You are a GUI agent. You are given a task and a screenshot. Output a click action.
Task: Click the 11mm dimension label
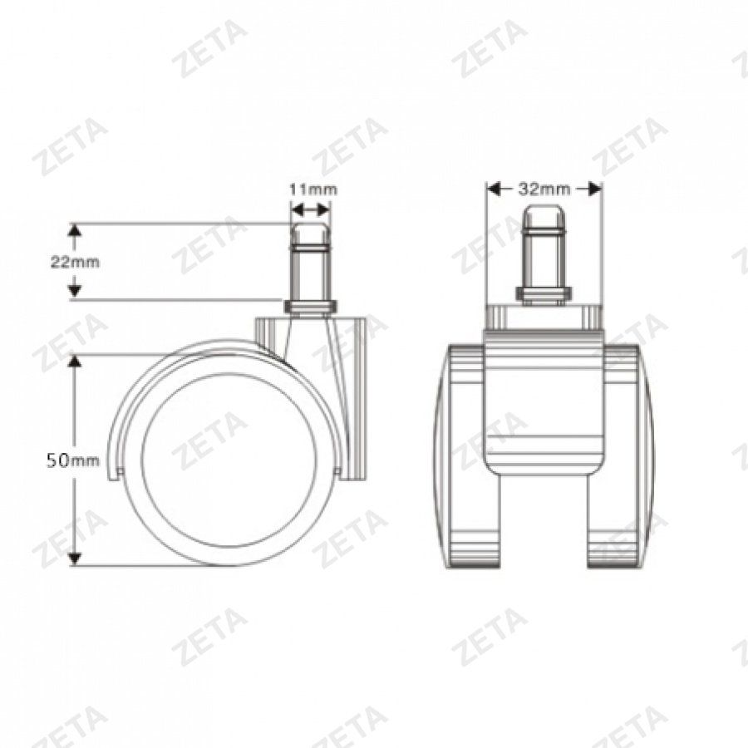click(x=312, y=189)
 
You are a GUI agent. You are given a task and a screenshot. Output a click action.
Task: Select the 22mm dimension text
click(x=75, y=261)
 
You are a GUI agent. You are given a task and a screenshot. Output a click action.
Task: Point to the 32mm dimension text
click(x=544, y=189)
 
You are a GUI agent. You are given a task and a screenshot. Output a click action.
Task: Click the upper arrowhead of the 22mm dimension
click(x=75, y=230)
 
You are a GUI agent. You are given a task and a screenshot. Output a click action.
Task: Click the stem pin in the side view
click(x=311, y=262)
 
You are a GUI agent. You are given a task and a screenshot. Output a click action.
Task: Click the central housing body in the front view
click(x=544, y=407)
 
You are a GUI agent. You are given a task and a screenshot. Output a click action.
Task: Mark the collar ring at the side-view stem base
click(x=311, y=307)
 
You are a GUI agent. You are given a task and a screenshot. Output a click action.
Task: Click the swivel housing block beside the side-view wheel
click(x=353, y=399)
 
